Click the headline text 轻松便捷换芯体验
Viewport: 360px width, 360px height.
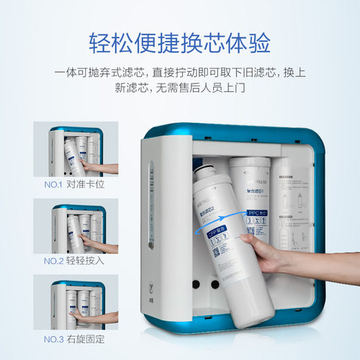click(x=180, y=42)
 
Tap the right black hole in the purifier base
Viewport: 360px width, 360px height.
click(x=214, y=284)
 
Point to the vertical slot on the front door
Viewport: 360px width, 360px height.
click(x=150, y=205)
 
